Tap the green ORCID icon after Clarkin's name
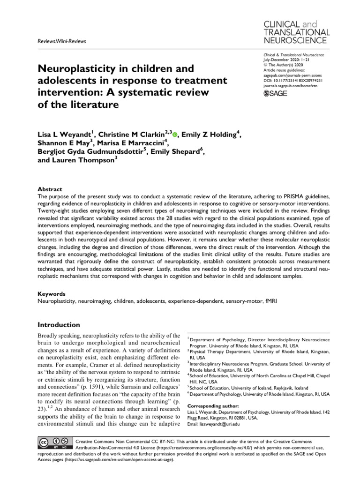(175, 135)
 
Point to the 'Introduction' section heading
(59, 325)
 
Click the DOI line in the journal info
(291, 80)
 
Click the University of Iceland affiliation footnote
(249, 388)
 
